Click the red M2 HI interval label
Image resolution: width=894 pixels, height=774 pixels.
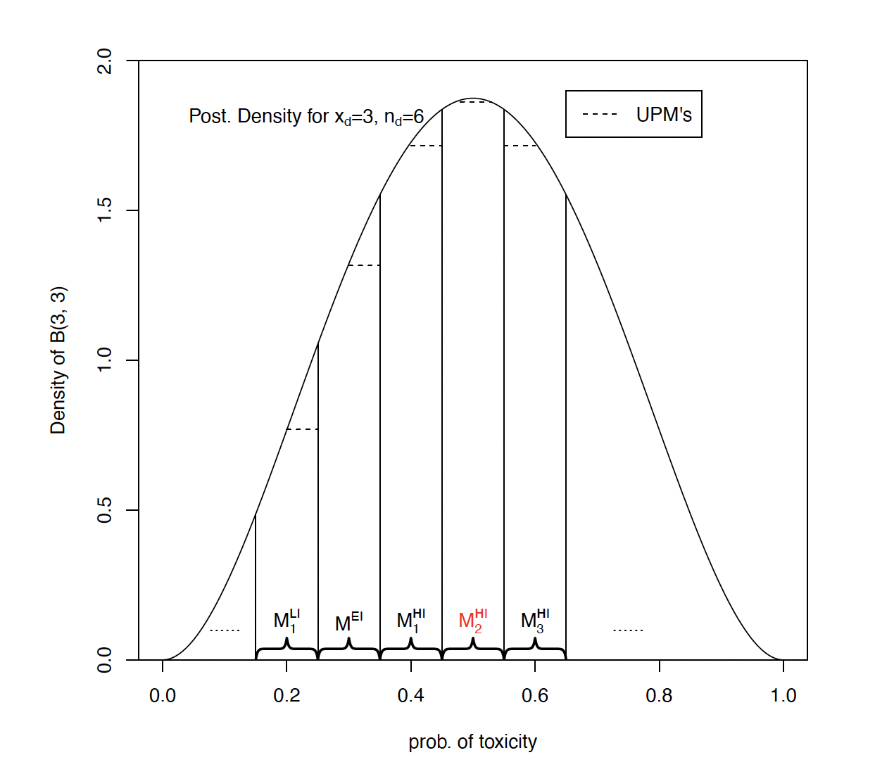472,621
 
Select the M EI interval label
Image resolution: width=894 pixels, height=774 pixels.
348,622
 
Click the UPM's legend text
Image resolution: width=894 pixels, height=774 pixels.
664,115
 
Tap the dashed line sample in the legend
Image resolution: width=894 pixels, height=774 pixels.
600,115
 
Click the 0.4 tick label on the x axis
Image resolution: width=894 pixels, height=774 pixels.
411,696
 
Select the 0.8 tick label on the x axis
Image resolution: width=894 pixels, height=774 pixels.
659,696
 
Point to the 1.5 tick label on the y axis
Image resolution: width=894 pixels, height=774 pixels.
105,210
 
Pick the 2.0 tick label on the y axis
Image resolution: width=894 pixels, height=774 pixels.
105,61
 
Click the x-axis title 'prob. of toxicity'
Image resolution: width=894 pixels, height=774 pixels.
472,742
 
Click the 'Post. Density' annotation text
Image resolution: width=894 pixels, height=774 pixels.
306,117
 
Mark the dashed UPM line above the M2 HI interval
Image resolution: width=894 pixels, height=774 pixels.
472,103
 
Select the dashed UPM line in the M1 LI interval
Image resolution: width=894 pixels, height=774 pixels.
302,429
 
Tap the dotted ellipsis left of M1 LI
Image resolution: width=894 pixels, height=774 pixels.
225,630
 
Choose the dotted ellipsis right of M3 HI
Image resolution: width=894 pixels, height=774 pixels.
628,630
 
